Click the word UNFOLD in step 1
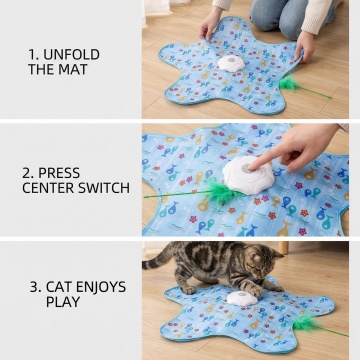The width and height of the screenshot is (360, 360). pos(71,55)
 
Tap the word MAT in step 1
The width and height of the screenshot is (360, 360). pos(73,69)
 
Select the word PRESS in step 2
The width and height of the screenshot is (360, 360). pos(59,173)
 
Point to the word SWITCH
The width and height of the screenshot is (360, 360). pos(104,188)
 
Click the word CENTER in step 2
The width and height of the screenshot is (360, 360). pos(49,188)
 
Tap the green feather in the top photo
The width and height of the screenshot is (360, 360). pos(288,84)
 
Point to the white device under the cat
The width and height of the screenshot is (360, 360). pos(242,298)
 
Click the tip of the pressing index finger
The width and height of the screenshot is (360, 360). pos(252,167)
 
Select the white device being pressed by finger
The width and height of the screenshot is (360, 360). pos(249,175)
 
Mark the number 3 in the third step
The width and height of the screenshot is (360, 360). pos(36,287)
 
